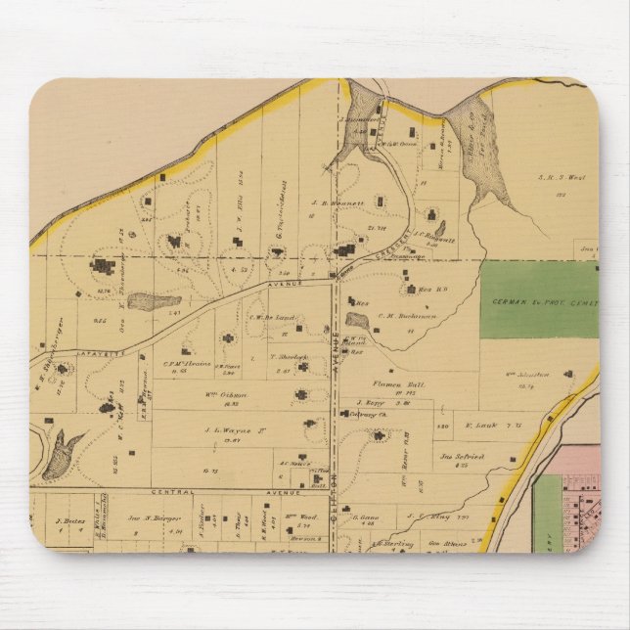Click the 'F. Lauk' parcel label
[x=481, y=425]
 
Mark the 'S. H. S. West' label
[x=561, y=178]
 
